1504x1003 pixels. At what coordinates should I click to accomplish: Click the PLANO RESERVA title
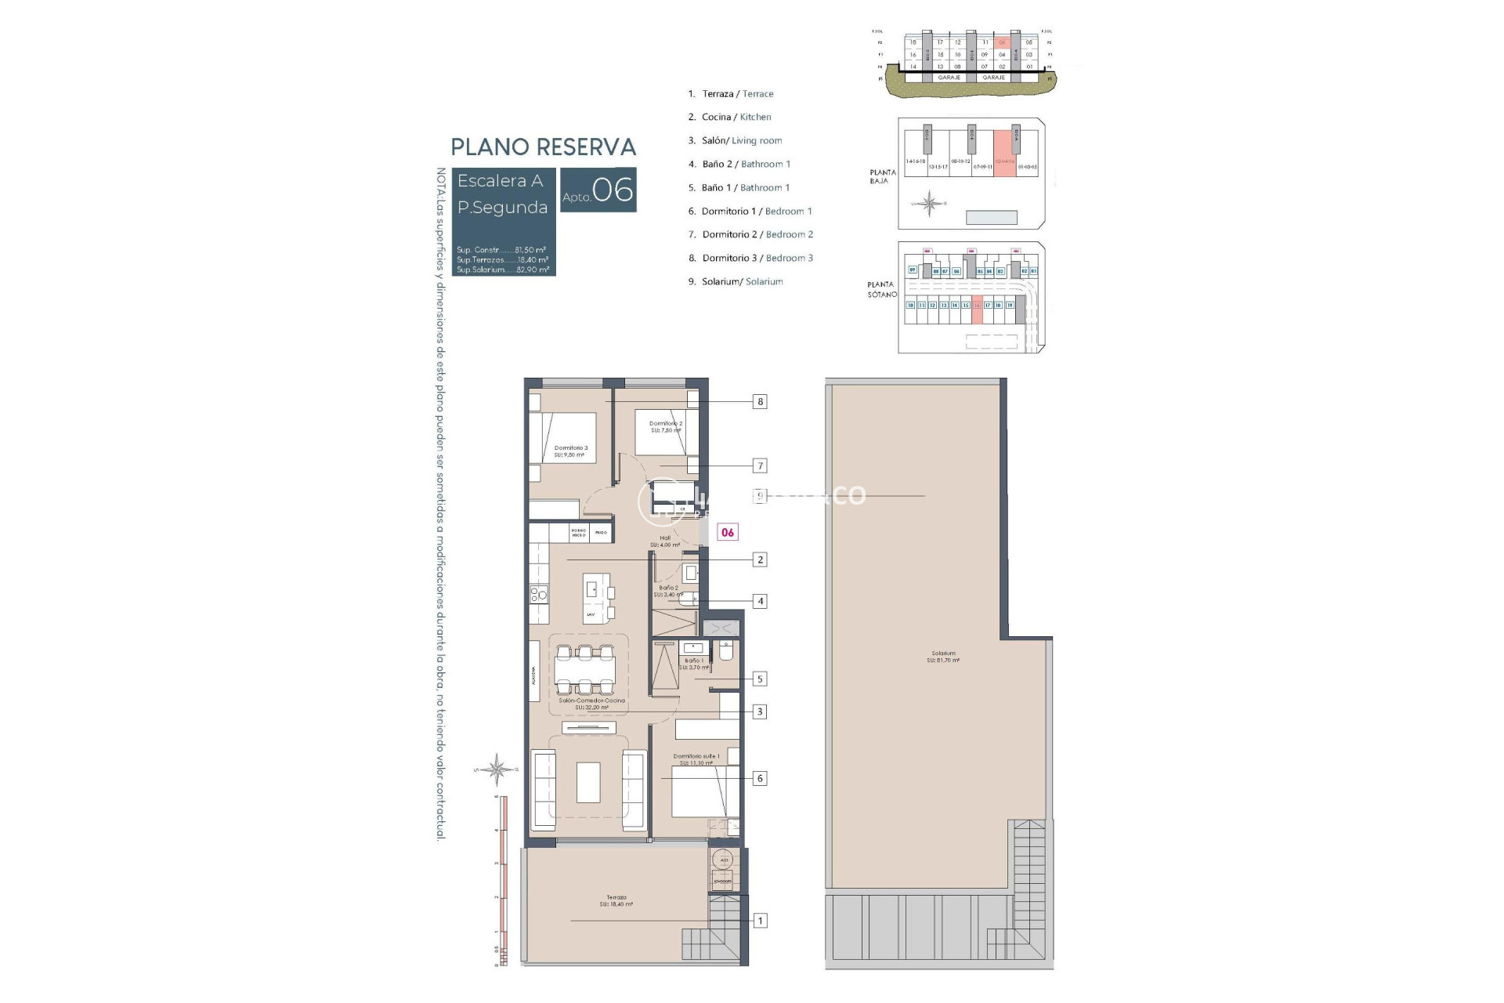(x=543, y=147)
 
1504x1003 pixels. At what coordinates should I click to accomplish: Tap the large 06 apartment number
(x=613, y=190)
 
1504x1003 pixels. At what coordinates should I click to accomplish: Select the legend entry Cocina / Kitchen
(x=729, y=117)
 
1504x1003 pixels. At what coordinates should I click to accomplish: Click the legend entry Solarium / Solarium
(x=736, y=281)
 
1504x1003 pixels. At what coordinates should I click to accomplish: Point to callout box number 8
(x=759, y=402)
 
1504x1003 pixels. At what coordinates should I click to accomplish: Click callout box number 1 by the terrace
(x=759, y=921)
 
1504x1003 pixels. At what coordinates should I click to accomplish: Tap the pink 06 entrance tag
(x=728, y=532)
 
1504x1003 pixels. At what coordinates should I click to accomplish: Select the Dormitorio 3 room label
(x=570, y=451)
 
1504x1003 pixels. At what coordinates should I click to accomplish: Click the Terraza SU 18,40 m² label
(x=616, y=900)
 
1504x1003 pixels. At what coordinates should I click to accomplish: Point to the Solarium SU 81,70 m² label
(x=943, y=657)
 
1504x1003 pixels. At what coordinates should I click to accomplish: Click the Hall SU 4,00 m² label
(x=665, y=541)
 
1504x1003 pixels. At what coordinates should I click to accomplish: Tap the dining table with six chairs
(x=585, y=670)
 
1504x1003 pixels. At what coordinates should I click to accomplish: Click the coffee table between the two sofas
(x=588, y=782)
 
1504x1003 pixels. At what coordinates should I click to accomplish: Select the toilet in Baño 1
(x=725, y=650)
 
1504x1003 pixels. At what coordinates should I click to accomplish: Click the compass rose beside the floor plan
(x=497, y=769)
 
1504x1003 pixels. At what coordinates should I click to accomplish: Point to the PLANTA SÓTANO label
(x=881, y=289)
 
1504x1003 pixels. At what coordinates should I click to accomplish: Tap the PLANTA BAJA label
(x=882, y=176)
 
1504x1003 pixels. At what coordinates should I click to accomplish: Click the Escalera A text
(x=500, y=181)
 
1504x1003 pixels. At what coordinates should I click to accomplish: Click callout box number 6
(x=759, y=778)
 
